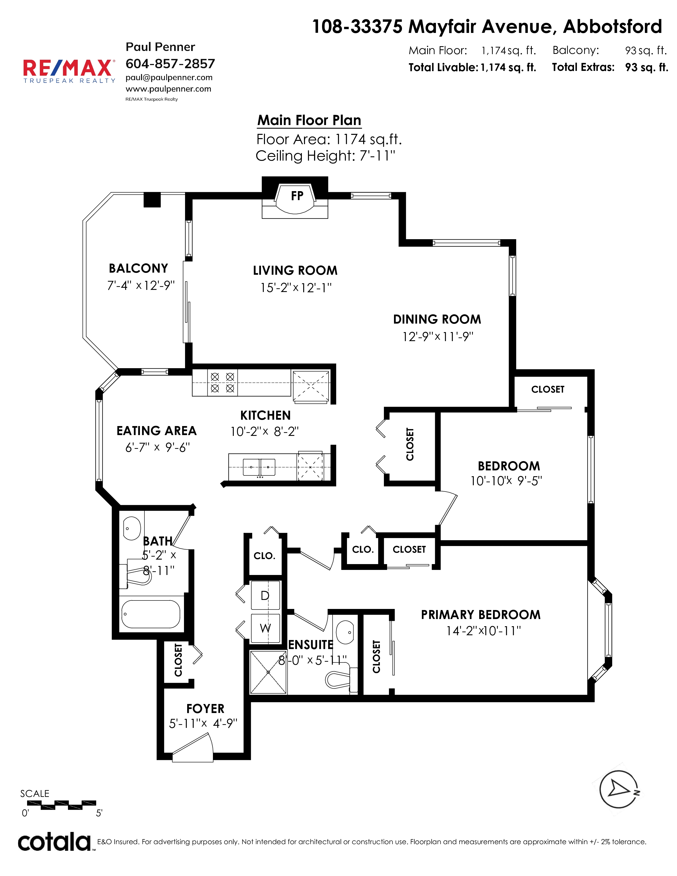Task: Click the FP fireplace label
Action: click(297, 196)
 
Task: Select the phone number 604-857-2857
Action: click(170, 63)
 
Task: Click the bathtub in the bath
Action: click(151, 614)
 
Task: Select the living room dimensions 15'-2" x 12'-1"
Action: click(296, 287)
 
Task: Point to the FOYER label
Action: click(205, 709)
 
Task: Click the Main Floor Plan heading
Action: click(309, 120)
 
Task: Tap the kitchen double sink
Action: click(259, 467)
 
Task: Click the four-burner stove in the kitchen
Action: click(222, 383)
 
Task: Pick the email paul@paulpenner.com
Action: click(169, 78)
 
